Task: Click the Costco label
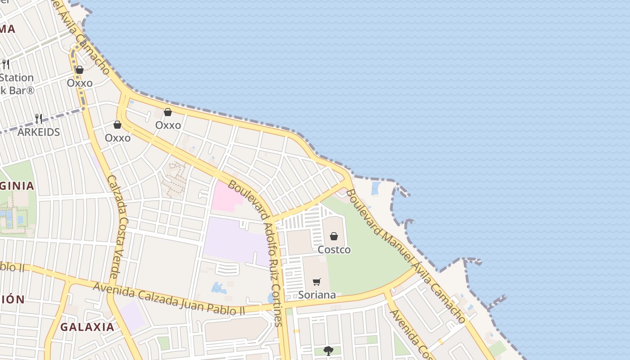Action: point(334,250)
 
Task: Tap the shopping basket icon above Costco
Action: point(334,236)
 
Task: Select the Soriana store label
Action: point(317,295)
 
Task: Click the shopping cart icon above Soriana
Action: point(317,282)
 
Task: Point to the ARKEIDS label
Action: point(38,132)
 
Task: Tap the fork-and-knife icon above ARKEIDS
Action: point(39,119)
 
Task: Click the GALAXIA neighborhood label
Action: point(87,327)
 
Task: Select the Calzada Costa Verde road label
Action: point(117,225)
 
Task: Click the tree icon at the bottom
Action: point(328,351)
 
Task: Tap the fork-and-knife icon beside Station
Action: point(6,64)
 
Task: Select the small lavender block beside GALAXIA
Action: point(132,315)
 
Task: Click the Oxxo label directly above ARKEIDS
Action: point(80,83)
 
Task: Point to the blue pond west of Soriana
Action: point(219,288)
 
